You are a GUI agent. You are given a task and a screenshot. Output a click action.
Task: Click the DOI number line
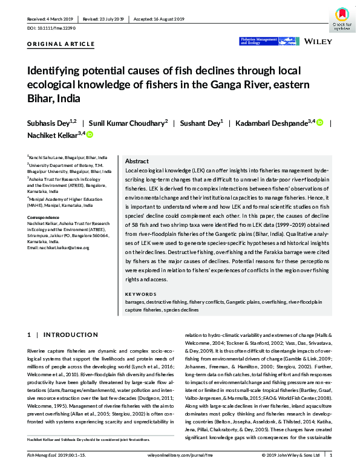click(51, 28)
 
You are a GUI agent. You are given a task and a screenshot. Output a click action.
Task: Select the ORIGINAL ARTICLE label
click(61, 44)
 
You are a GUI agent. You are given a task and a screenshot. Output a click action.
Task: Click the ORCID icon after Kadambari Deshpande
click(320, 123)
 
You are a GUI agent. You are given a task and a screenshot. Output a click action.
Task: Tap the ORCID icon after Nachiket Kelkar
click(90, 134)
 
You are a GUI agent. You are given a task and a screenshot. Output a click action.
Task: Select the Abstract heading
click(137, 162)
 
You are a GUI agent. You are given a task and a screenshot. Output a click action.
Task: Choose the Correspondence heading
click(45, 215)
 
